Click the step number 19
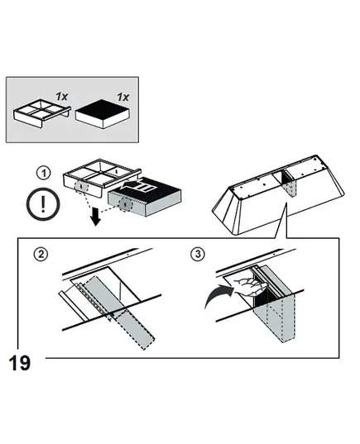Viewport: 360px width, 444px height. (20, 363)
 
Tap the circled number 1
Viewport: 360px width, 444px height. (44, 173)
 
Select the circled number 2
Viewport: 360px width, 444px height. (41, 255)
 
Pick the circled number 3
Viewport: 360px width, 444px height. (198, 254)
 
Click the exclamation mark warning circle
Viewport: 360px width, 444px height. (43, 204)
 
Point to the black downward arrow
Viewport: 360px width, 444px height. (96, 217)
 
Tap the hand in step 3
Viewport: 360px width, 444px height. (251, 286)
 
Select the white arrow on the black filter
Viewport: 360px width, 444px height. (138, 186)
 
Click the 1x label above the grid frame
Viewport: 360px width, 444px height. (62, 96)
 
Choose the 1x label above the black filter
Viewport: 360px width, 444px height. (123, 97)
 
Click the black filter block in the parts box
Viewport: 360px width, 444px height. (103, 114)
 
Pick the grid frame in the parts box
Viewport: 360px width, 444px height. (42, 113)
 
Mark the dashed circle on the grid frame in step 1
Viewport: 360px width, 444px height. (81, 187)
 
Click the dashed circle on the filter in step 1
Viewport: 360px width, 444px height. (125, 204)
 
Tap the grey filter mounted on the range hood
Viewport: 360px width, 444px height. (290, 186)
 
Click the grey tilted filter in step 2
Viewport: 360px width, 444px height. (119, 312)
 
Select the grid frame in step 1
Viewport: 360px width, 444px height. (101, 178)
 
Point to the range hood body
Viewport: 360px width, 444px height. (278, 195)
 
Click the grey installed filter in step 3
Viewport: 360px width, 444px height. (276, 308)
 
